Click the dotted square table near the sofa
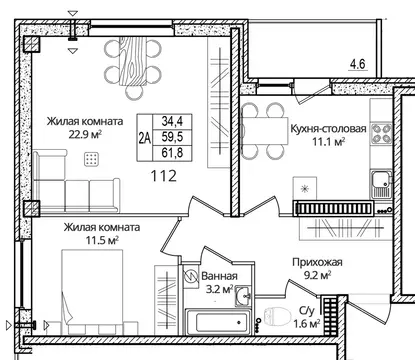click(92, 159)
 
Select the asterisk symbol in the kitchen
click(305, 186)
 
